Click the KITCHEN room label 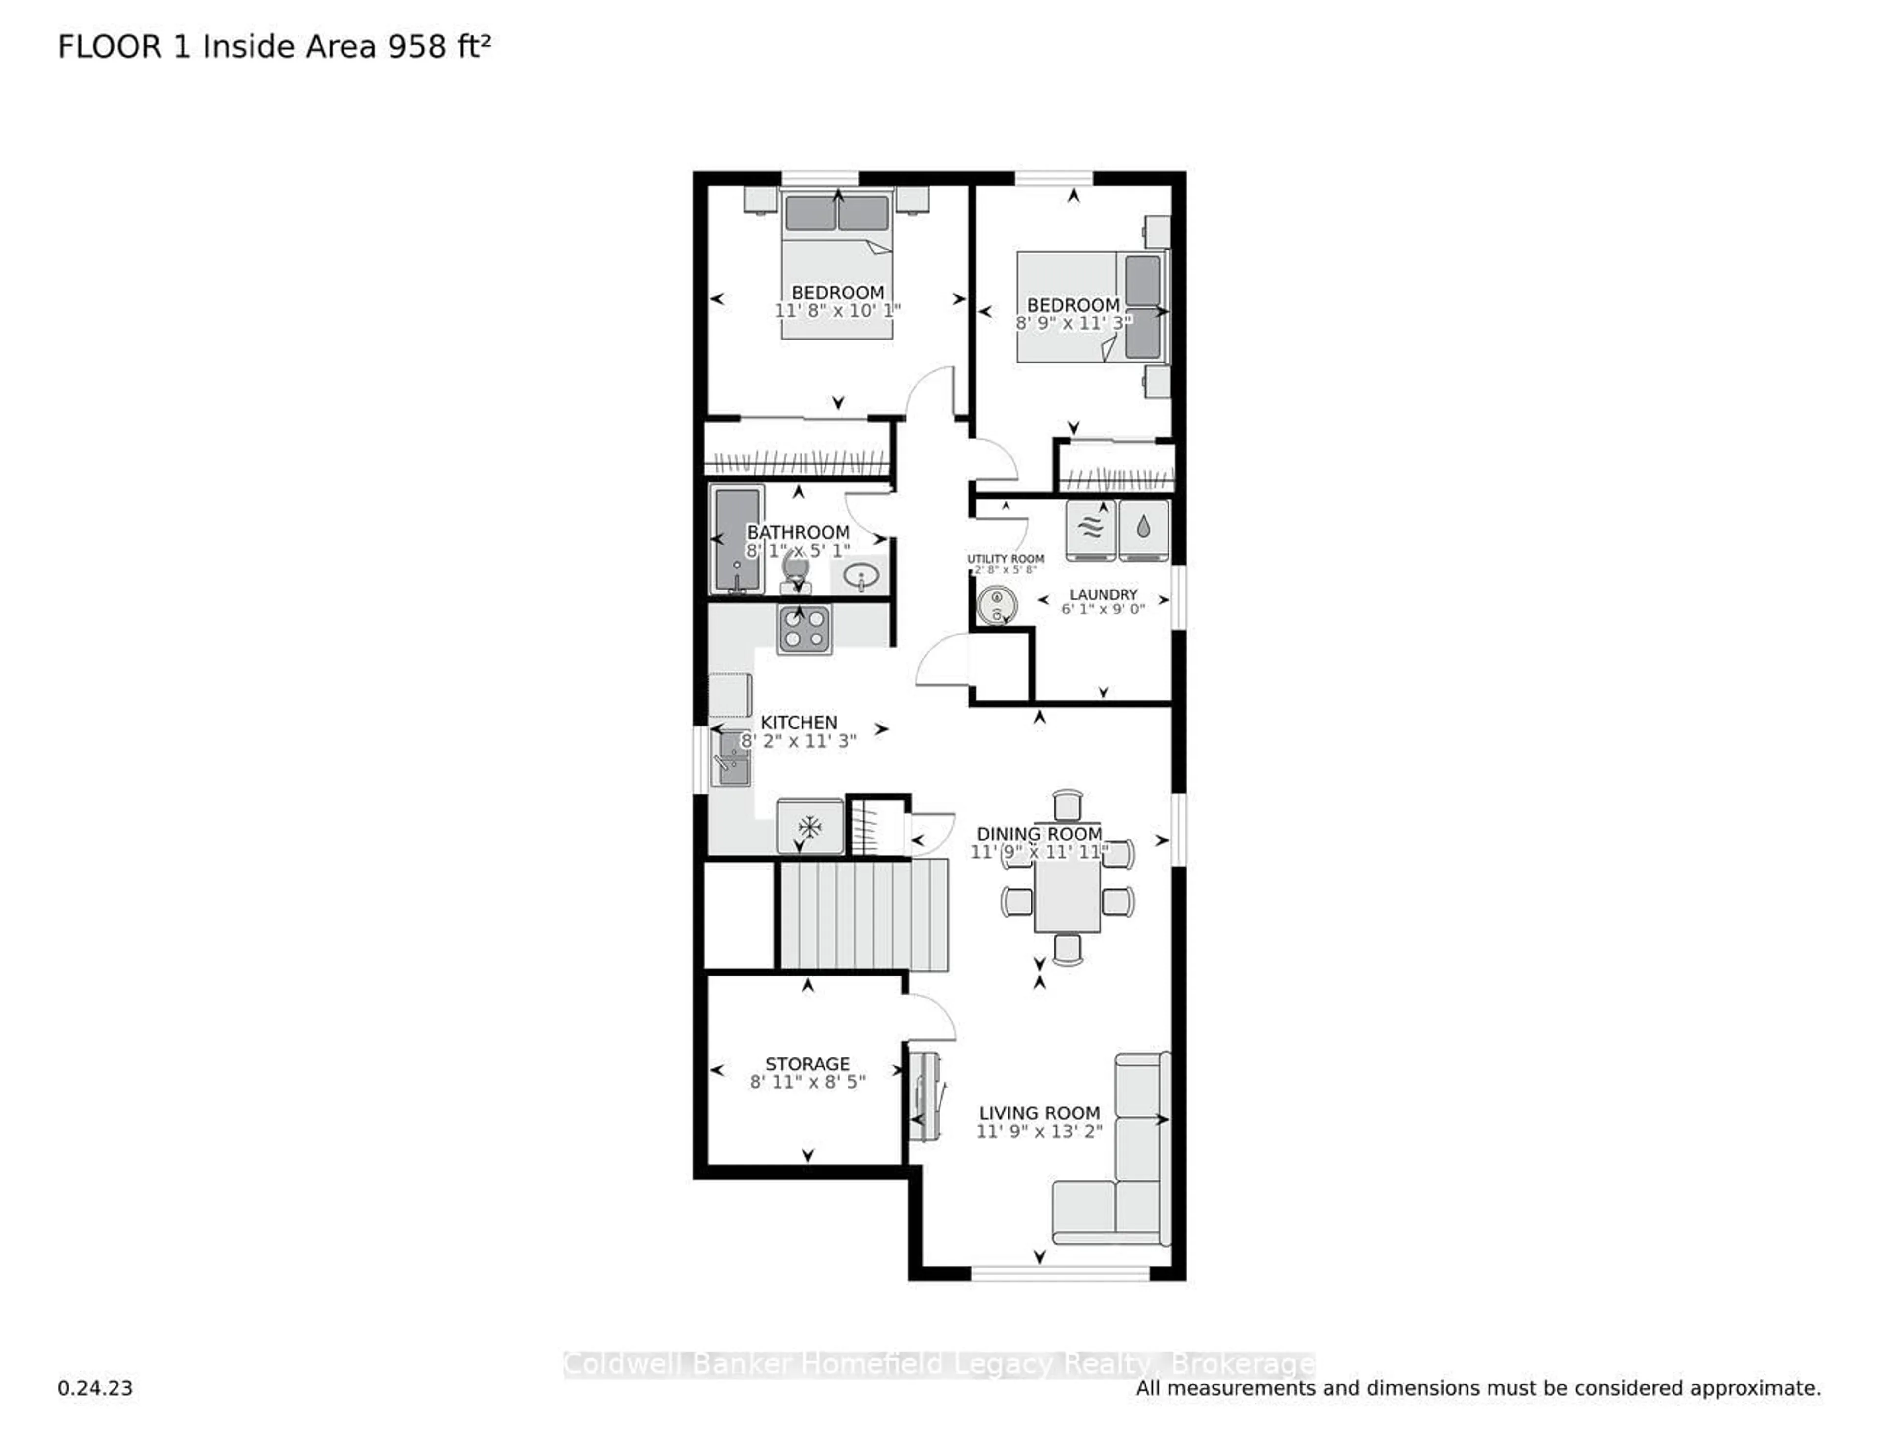point(799,723)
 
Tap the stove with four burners point(804,629)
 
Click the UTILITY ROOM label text point(1006,558)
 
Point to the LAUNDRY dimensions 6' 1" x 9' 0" point(1103,609)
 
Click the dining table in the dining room point(1067,895)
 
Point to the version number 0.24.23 point(94,1387)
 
